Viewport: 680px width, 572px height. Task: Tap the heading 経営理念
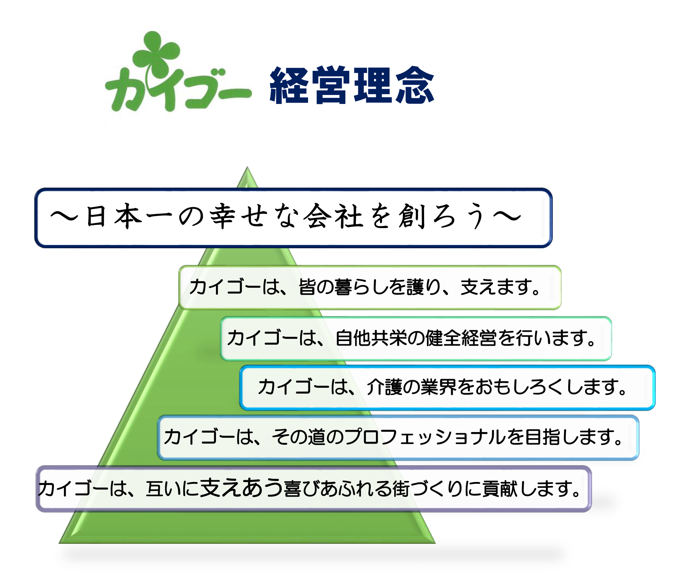(352, 85)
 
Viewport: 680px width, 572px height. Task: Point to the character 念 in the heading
(415, 85)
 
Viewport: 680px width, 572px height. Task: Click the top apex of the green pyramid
(247, 167)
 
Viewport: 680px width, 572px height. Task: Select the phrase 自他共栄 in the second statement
(371, 339)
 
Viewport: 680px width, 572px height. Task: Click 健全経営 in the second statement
(461, 339)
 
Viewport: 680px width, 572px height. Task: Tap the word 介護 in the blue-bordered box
(384, 387)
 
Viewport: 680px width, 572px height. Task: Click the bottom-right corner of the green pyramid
(435, 543)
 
